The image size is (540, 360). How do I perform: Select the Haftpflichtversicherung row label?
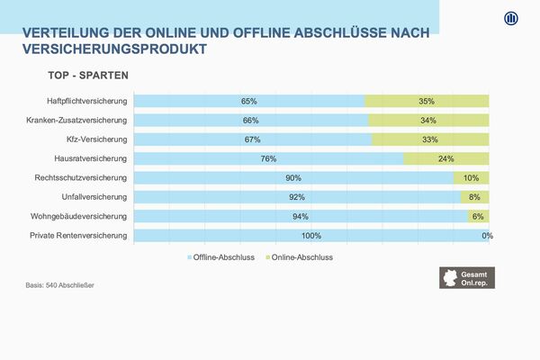click(x=87, y=101)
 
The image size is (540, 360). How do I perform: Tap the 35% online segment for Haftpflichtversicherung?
click(x=427, y=101)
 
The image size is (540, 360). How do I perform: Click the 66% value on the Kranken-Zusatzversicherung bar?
click(x=250, y=121)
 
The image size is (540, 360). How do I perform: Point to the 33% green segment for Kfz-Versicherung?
click(x=430, y=139)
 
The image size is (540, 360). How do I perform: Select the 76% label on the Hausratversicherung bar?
click(x=268, y=158)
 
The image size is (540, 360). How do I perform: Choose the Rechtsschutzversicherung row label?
click(x=81, y=178)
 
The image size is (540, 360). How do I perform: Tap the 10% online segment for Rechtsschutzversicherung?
click(x=471, y=178)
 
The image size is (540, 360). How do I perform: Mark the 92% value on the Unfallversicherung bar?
click(x=297, y=197)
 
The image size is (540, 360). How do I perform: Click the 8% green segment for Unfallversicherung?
click(x=474, y=197)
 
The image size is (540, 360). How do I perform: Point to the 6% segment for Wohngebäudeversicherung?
click(x=478, y=217)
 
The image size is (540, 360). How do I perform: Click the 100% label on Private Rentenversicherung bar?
click(x=311, y=236)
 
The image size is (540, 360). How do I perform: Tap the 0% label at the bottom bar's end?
click(x=488, y=236)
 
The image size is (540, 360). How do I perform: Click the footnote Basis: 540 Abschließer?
click(x=60, y=285)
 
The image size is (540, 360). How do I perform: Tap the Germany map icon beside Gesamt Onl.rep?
click(x=449, y=277)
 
